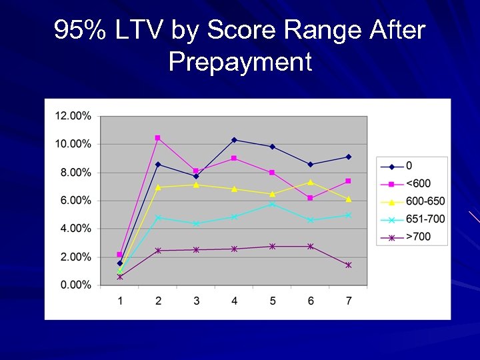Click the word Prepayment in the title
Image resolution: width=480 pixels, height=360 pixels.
(x=240, y=62)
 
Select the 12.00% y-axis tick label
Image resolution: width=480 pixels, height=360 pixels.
(x=73, y=116)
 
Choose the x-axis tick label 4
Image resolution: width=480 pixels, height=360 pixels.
(x=234, y=301)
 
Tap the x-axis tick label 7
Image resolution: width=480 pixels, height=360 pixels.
(x=348, y=301)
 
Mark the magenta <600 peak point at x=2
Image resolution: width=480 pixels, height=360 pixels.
(x=158, y=138)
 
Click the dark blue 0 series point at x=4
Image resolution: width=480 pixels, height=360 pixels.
(x=234, y=140)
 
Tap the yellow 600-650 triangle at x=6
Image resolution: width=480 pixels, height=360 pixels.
(x=311, y=182)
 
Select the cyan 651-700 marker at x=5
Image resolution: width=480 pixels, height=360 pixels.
(x=272, y=204)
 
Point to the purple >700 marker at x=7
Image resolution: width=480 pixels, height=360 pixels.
(x=349, y=265)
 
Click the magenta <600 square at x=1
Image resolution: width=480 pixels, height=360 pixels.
(x=120, y=255)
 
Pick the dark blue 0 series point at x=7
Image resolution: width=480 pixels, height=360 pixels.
(x=349, y=157)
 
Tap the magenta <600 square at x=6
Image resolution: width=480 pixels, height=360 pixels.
(x=311, y=198)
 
